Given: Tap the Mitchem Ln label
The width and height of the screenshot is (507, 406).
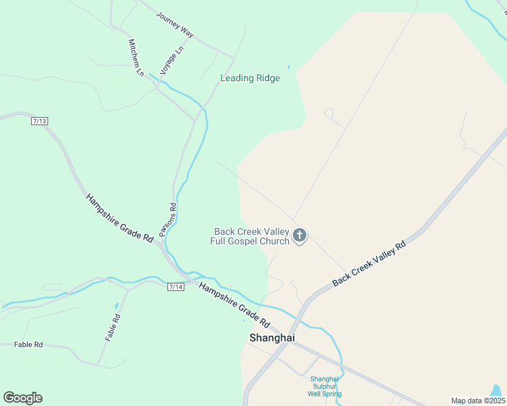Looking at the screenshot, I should pyautogui.click(x=136, y=57).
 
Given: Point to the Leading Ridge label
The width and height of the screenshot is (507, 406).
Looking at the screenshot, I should pyautogui.click(x=250, y=78).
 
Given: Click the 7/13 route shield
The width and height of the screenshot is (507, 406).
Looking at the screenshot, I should pyautogui.click(x=39, y=120).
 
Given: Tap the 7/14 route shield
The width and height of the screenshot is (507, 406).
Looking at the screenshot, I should pyautogui.click(x=176, y=287).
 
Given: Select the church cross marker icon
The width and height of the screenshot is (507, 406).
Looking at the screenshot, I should pyautogui.click(x=300, y=236).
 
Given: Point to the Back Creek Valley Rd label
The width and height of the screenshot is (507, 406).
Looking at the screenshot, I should pyautogui.click(x=369, y=263).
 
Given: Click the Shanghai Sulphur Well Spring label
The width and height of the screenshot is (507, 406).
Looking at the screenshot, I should pyautogui.click(x=324, y=386).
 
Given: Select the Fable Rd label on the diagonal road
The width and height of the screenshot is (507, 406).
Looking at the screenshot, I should pyautogui.click(x=112, y=328).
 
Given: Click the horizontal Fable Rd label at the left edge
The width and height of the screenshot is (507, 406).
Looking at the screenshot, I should pyautogui.click(x=28, y=344).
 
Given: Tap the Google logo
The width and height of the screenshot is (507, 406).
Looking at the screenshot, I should pyautogui.click(x=22, y=398).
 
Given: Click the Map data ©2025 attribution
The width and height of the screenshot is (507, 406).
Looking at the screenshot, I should pyautogui.click(x=478, y=401).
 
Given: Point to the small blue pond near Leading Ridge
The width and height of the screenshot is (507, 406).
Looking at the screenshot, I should pyautogui.click(x=289, y=67).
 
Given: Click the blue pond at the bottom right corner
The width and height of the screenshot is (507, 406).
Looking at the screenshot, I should pyautogui.click(x=497, y=391).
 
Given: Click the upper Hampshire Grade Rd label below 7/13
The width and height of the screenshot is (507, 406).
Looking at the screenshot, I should pyautogui.click(x=119, y=219).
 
